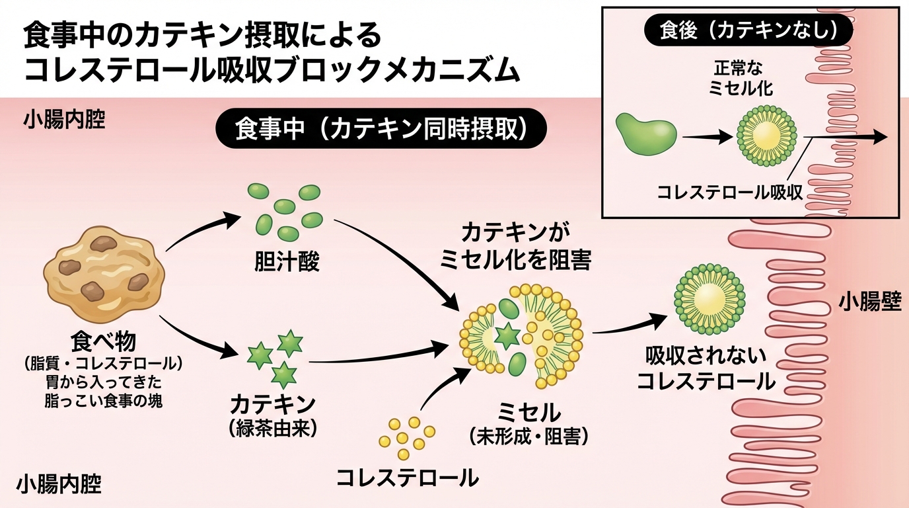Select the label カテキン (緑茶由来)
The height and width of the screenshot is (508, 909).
(x=273, y=415)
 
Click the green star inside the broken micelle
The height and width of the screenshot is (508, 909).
(x=507, y=336)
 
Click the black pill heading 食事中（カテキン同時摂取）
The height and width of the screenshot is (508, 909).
(x=381, y=129)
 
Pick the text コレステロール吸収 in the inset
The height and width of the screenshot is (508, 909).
(x=729, y=192)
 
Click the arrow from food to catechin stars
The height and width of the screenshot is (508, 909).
(x=198, y=337)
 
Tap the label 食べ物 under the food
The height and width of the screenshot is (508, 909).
(x=104, y=342)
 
